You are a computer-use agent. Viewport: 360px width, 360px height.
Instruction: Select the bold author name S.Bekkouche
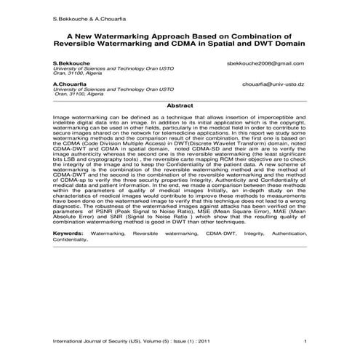[x=70, y=63]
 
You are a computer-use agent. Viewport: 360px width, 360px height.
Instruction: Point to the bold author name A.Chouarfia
[x=69, y=84]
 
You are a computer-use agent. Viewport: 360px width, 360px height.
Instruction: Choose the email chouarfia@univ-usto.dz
[x=273, y=84]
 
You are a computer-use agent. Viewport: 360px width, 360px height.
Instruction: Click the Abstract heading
[x=180, y=105]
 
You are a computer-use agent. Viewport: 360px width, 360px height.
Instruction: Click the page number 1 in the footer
[x=305, y=342]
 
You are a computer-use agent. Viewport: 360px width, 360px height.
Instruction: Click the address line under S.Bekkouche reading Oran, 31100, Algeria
[x=79, y=73]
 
